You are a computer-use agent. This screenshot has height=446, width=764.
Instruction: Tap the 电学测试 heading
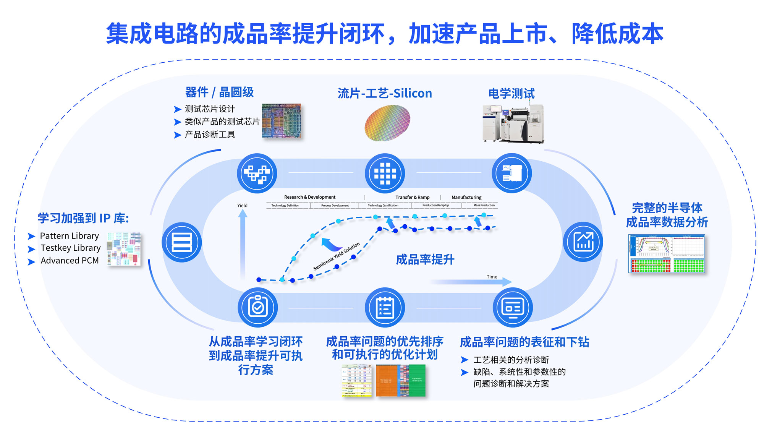[511, 93]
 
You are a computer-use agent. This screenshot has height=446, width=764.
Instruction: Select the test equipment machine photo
[513, 123]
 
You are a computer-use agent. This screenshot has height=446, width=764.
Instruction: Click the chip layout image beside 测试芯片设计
[281, 121]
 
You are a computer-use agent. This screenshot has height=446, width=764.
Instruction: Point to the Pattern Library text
[69, 236]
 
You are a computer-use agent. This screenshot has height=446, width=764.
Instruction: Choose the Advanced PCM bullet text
[70, 261]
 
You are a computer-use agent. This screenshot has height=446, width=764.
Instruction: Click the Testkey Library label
[71, 248]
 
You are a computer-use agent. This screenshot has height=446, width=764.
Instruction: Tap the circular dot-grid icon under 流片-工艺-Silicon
[385, 174]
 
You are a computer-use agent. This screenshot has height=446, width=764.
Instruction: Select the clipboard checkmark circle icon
[257, 308]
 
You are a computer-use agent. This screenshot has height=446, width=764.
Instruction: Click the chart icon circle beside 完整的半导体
[583, 242]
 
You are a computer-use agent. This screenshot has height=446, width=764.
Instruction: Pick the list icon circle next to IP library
[182, 242]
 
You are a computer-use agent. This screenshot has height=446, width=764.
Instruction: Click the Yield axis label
[242, 206]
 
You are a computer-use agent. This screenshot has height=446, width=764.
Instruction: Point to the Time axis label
[492, 277]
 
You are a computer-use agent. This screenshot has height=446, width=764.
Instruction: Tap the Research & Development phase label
[310, 197]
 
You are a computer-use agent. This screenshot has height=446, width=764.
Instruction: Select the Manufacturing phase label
[466, 198]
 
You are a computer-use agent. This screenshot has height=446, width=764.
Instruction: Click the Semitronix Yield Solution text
[337, 256]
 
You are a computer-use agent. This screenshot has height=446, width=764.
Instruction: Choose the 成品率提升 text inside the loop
[425, 260]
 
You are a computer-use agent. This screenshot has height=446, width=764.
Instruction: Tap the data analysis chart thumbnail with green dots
[666, 254]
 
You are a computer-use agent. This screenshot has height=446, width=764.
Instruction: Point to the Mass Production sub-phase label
[484, 206]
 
